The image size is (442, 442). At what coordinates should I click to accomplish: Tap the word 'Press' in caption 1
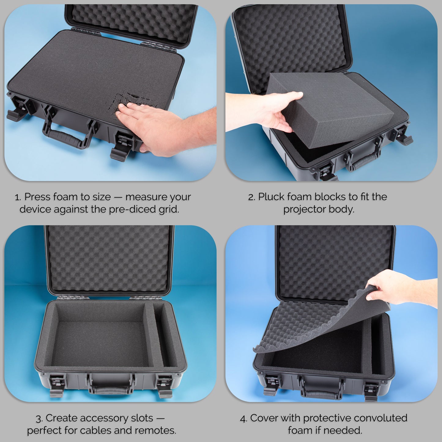coord(38,197)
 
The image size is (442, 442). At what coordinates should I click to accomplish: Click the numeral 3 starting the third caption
coord(38,418)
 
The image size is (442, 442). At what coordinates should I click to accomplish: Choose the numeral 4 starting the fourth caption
coord(243,418)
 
